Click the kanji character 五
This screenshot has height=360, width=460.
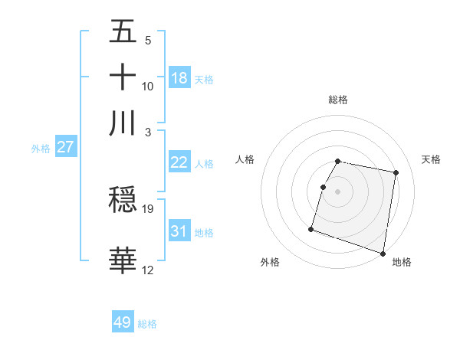[x=123, y=32]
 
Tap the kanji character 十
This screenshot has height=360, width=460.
[x=123, y=77]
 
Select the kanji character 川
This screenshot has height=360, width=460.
[x=123, y=123]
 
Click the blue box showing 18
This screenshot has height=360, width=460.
[x=179, y=77]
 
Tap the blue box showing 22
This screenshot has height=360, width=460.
[x=179, y=162]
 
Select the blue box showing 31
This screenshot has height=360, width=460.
[x=179, y=231]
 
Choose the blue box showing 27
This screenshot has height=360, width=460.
[x=65, y=147]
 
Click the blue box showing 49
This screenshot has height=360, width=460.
[x=123, y=322]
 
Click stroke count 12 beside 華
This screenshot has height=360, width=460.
[x=148, y=270]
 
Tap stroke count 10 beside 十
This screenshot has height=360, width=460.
[x=148, y=86]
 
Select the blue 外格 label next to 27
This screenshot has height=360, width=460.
[x=40, y=149]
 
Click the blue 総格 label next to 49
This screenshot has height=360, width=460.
[x=147, y=324]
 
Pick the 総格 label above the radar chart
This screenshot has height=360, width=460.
[x=337, y=100]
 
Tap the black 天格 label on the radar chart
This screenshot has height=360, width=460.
[x=431, y=159]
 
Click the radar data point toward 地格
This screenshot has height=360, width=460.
[x=383, y=253]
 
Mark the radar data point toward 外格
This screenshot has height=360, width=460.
[x=311, y=228]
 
